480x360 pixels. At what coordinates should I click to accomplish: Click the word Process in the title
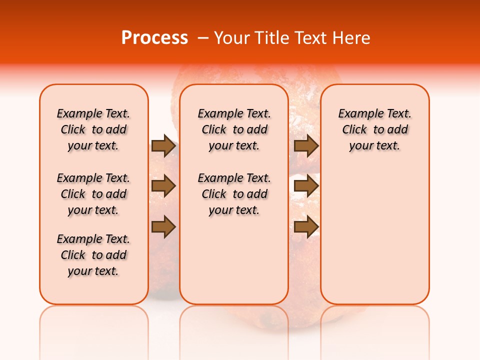(x=154, y=38)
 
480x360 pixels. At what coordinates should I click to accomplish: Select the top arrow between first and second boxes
(x=163, y=146)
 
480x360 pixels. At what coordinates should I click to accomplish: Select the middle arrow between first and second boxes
(x=163, y=186)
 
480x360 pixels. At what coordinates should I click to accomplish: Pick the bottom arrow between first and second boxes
(x=163, y=227)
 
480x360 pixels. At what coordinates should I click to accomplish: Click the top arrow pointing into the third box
(x=306, y=146)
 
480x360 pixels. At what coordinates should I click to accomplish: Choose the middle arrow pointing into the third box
(x=306, y=186)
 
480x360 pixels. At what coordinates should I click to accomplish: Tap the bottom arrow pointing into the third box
(x=306, y=227)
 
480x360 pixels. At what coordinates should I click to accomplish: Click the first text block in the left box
(x=93, y=129)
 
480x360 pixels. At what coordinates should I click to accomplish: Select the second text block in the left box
(x=93, y=194)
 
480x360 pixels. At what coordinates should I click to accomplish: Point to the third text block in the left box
(x=93, y=255)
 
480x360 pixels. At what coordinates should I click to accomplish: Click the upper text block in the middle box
(x=234, y=129)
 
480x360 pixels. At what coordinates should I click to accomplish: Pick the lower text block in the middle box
(x=234, y=194)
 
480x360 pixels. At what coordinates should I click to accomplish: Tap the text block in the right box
(x=375, y=129)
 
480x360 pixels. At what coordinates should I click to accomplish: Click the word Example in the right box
(x=357, y=114)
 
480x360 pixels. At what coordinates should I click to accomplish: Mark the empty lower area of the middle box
(x=234, y=260)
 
